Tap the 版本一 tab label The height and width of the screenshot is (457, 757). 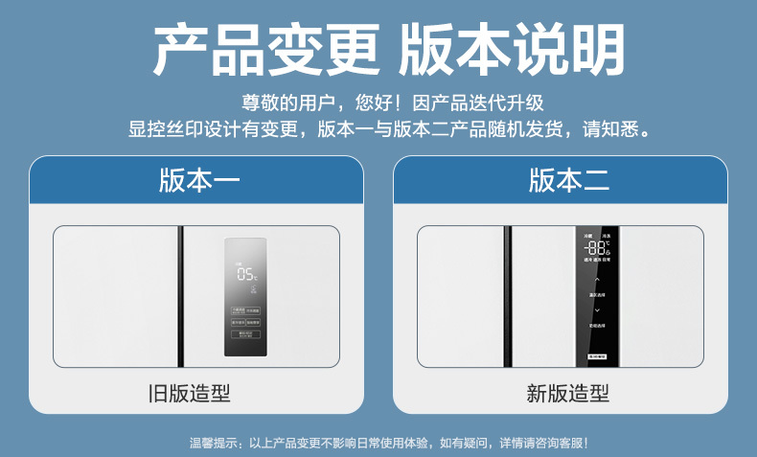point(198,180)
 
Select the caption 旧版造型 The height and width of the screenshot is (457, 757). point(198,394)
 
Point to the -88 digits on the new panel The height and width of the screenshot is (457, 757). point(596,247)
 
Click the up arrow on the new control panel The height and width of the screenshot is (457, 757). point(597,281)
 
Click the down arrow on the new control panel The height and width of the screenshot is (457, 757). point(597,309)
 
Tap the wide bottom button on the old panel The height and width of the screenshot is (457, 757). point(246,334)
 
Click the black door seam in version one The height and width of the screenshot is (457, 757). point(181,297)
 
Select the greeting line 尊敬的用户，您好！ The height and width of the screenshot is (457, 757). point(321,102)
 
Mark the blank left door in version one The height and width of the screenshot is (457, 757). point(116,297)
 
